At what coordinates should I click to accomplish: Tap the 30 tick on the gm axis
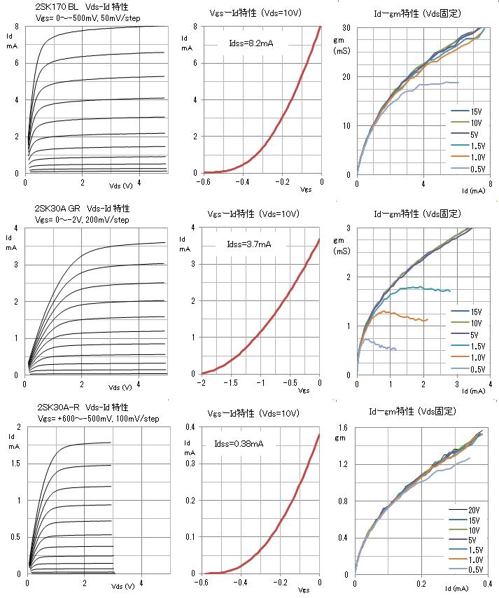(345, 28)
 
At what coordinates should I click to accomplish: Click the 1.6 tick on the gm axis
(343, 427)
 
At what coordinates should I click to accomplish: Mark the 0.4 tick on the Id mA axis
(190, 426)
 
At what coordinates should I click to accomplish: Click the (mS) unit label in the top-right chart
(342, 51)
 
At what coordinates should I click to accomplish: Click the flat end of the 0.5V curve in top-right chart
(456, 83)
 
